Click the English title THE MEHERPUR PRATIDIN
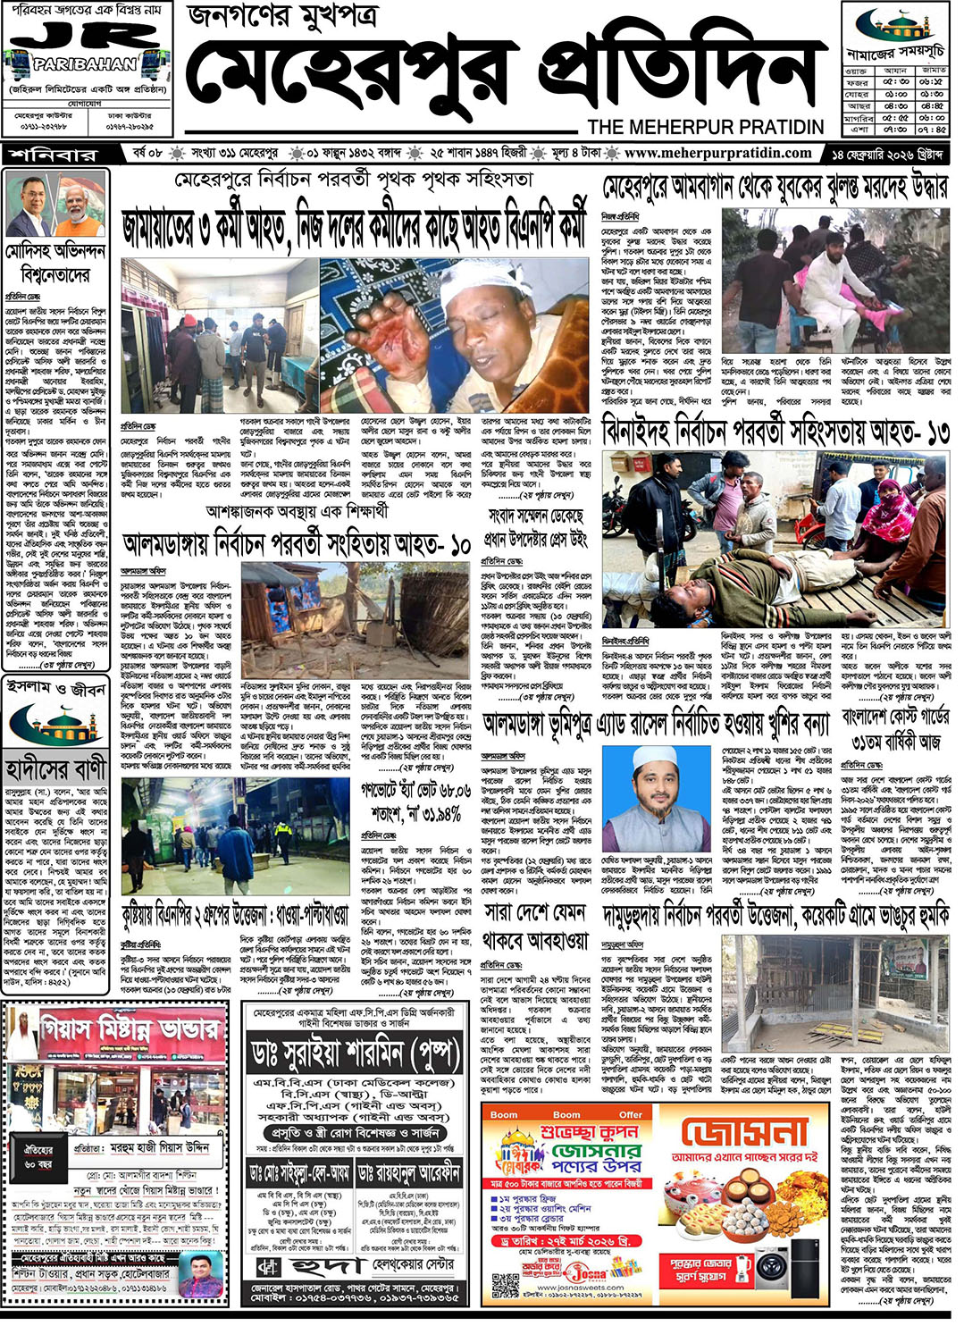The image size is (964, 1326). click(705, 127)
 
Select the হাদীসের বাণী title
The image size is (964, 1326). click(56, 768)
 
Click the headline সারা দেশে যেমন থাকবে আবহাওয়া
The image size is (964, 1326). click(535, 926)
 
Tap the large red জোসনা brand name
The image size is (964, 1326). click(744, 1134)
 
